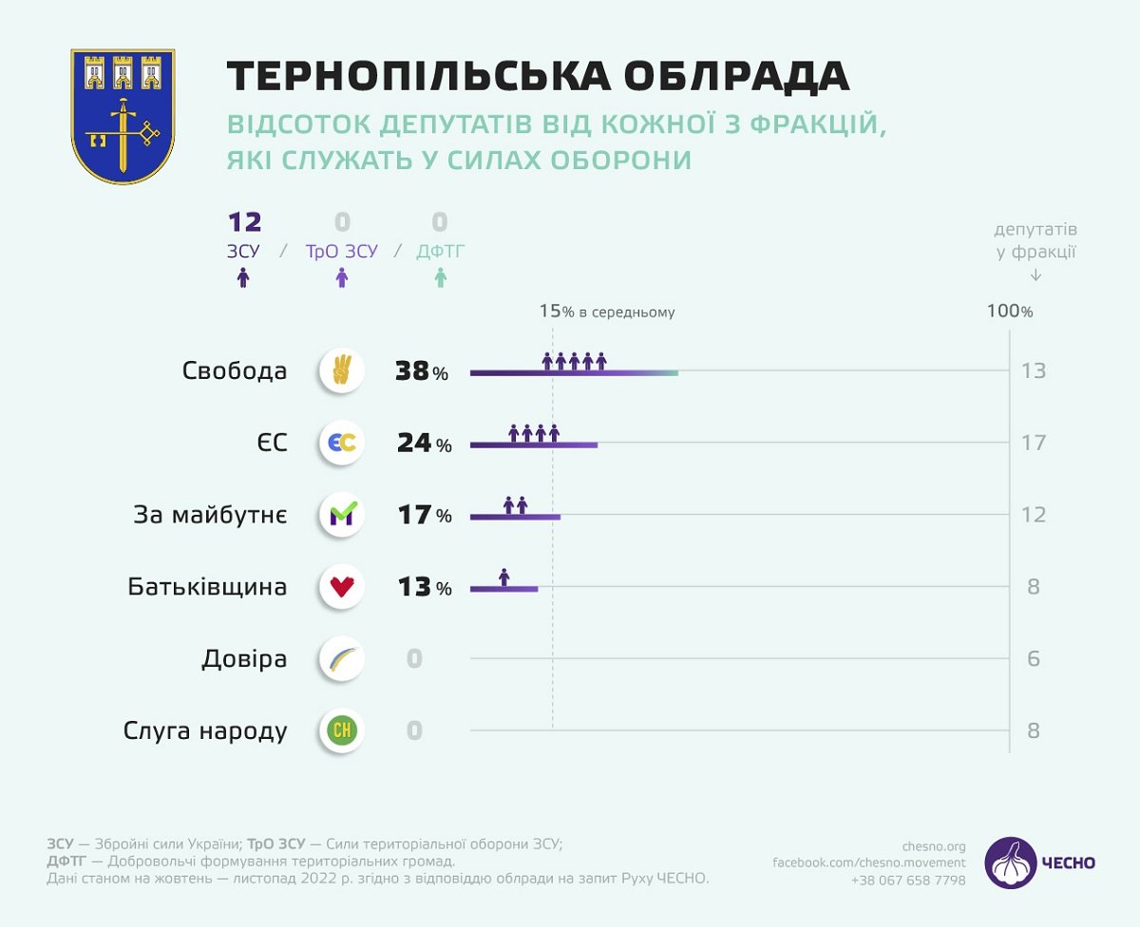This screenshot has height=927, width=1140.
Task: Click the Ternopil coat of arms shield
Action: coord(123,116)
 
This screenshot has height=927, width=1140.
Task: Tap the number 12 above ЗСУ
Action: coord(244,223)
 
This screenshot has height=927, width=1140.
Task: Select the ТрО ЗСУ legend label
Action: coord(341,252)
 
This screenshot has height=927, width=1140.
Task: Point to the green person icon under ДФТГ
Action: coord(440,278)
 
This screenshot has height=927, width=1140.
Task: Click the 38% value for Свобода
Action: coord(422,370)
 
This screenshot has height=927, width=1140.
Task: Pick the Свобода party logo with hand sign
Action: coord(342,369)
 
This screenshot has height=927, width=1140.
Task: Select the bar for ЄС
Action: coord(534,444)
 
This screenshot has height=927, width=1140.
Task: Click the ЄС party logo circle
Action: coord(342,443)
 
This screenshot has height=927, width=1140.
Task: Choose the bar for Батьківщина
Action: coord(504,589)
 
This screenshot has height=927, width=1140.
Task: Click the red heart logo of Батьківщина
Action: coord(342,587)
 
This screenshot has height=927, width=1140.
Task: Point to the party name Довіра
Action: coord(244,658)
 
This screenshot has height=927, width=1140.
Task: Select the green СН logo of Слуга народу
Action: coord(342,730)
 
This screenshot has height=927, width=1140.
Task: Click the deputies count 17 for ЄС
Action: coord(1033,443)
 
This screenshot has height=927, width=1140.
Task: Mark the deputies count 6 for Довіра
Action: coord(1033,658)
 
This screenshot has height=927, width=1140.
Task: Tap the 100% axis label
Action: coord(1009,311)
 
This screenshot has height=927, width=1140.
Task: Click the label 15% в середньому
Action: coord(607,311)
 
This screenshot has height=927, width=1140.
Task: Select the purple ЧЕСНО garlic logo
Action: coord(1010,862)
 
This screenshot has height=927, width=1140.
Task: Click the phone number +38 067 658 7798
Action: coord(908,880)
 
